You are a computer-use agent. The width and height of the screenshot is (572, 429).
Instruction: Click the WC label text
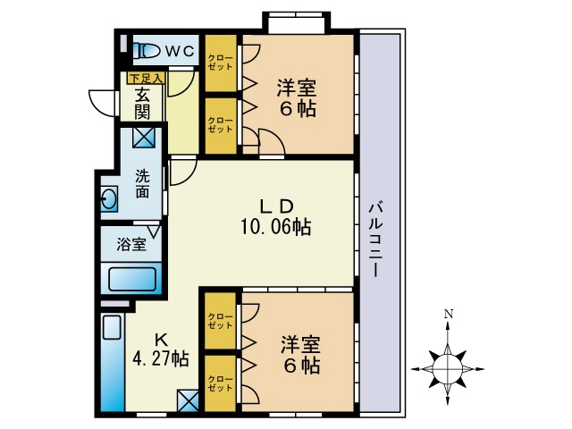coord(180,52)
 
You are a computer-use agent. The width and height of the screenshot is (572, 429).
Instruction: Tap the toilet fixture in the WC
coord(147,51)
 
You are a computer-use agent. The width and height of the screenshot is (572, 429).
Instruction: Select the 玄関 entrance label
coord(142,105)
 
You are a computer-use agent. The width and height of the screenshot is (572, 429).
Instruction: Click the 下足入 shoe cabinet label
coord(146,78)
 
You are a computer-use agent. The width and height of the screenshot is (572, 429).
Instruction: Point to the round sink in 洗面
coord(109,199)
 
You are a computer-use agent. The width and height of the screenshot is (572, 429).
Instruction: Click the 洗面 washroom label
coord(142,184)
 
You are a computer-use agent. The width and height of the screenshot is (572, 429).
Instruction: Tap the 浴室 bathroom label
coord(131,244)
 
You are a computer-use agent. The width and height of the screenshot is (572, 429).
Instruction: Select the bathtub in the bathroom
coord(132,280)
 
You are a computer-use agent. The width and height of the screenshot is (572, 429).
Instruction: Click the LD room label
coord(276,206)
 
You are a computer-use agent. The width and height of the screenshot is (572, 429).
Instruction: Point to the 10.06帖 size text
coord(275,227)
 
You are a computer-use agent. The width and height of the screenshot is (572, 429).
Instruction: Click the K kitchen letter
coord(161,341)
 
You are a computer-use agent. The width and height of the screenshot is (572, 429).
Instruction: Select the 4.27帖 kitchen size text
coord(161,359)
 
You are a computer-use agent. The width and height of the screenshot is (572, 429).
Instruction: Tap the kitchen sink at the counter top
coord(112,327)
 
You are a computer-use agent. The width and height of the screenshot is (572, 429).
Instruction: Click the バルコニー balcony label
coord(375,240)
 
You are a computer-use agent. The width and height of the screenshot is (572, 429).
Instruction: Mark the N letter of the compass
coord(449,314)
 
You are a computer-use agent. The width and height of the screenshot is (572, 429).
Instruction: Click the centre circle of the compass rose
coord(448,369)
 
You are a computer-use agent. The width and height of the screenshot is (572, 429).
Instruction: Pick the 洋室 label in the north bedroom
coord(296,88)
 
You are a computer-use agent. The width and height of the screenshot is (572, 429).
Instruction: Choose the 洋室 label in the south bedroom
coord(300,345)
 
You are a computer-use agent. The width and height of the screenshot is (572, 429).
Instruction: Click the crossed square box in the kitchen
coord(189,401)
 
